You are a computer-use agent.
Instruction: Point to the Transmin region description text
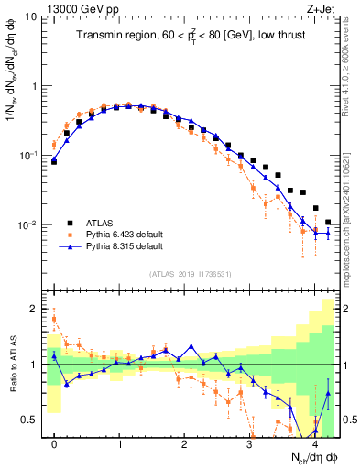pyautogui.click(x=192, y=36)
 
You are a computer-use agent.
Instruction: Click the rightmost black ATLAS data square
pyautogui.click(x=328, y=222)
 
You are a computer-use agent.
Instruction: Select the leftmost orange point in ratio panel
pyautogui.click(x=54, y=319)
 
